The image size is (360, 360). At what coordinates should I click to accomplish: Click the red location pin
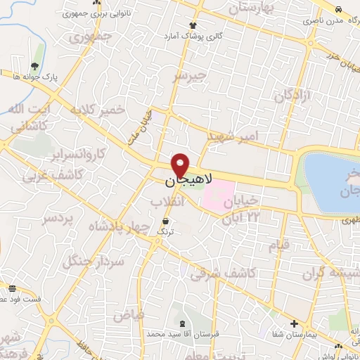coord(180,165)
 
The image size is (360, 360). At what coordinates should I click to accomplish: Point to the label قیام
coord(280,245)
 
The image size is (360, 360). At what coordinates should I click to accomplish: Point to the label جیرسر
coord(191,75)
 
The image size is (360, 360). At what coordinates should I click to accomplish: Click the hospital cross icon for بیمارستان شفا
coord(294,325)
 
